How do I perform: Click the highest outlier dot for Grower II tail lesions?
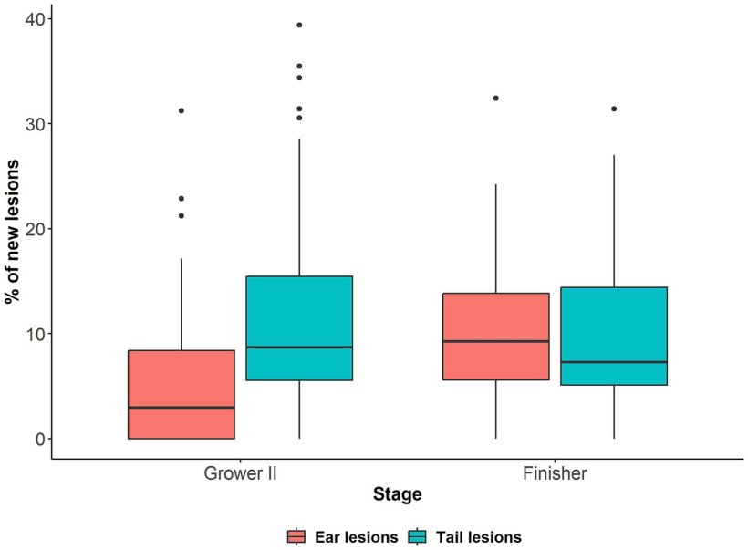click(299, 25)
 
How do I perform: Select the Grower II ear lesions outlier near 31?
click(182, 110)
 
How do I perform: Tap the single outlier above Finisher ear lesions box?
click(496, 98)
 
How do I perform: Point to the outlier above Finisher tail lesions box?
click(614, 109)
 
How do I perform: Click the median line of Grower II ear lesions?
click(182, 408)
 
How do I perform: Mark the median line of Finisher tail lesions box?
click(614, 362)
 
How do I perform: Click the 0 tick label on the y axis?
click(38, 439)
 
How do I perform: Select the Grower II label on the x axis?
click(240, 474)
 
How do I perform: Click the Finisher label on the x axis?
click(555, 474)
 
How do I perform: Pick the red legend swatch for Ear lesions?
click(296, 537)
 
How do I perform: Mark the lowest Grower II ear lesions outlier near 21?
click(182, 215)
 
